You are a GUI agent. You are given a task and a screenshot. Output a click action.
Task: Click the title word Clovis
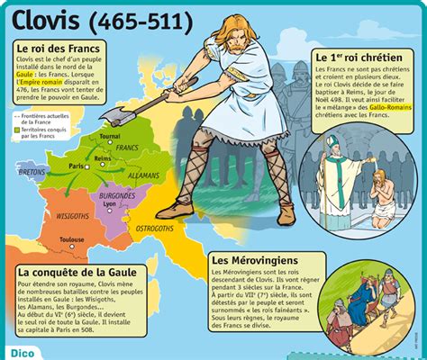[x=45, y=18]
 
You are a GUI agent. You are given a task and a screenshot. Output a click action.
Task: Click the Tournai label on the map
[x=110, y=136]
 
